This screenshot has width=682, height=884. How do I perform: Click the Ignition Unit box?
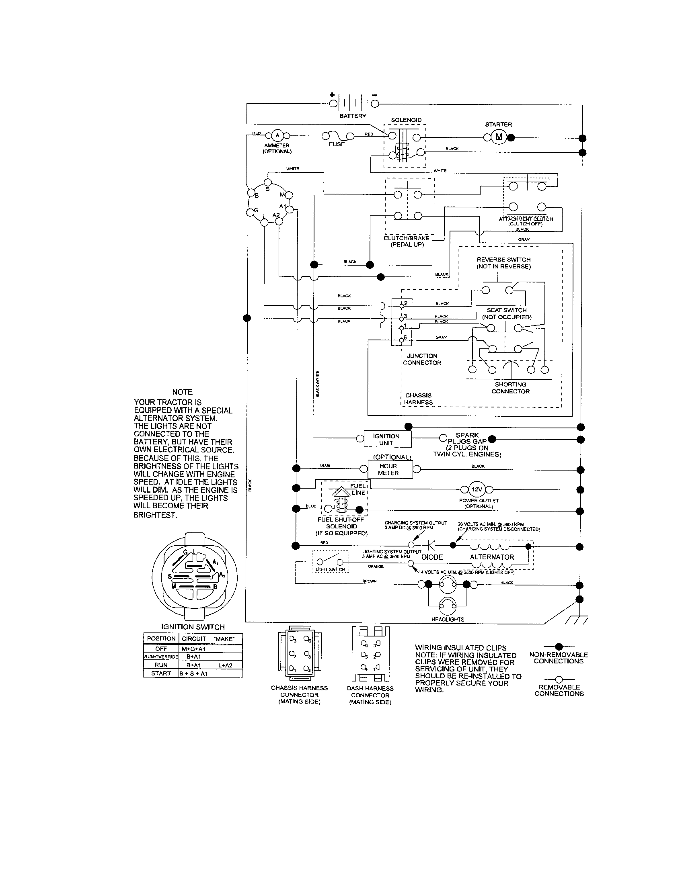tap(386, 439)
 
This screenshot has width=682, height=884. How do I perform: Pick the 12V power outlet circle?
tap(476, 490)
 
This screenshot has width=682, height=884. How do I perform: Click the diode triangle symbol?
tap(432, 545)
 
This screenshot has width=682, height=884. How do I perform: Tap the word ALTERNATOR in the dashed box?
tap(492, 557)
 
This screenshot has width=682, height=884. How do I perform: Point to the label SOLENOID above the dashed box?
tap(406, 120)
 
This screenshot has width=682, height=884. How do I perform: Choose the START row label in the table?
tap(161, 673)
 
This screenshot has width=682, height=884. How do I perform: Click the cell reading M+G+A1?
tap(193, 649)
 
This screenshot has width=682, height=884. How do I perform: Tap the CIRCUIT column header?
tap(193, 639)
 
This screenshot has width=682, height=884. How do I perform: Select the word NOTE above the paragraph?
tap(182, 392)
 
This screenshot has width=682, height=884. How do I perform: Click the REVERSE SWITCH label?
tap(503, 260)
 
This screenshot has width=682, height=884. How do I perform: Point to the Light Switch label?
tap(330, 569)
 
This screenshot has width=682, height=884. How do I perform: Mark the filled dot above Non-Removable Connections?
tap(559, 647)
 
